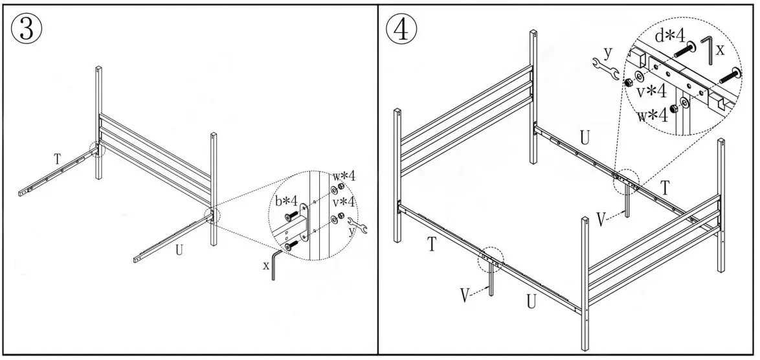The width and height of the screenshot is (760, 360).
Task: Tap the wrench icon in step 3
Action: click(357, 225)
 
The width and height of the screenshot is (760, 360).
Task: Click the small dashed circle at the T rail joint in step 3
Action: click(97, 149)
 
